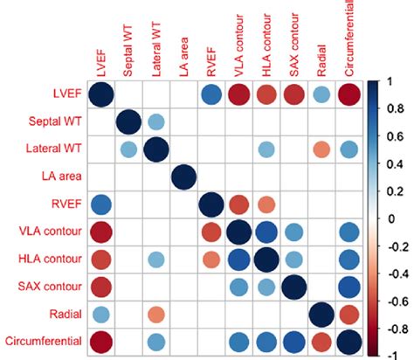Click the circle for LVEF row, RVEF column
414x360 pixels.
pyautogui.click(x=210, y=95)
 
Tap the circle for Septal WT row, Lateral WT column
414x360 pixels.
pyautogui.click(x=155, y=122)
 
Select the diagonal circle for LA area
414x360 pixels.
pyautogui.click(x=183, y=177)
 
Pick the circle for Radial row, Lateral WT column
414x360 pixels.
pyautogui.click(x=155, y=314)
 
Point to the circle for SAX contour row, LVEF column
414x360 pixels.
pyautogui.click(x=101, y=287)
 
